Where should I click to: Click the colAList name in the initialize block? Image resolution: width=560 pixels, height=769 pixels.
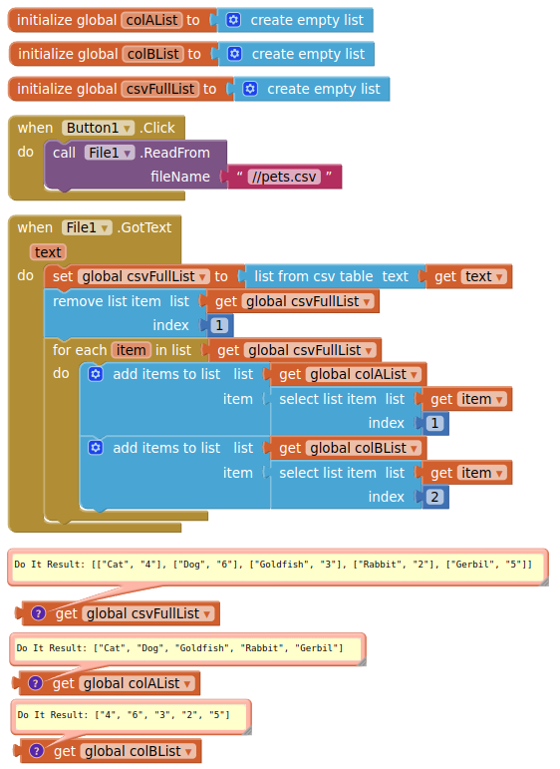(x=152, y=20)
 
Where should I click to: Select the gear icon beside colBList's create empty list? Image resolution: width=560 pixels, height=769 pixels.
(x=235, y=54)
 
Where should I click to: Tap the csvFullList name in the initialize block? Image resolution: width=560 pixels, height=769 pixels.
(x=160, y=89)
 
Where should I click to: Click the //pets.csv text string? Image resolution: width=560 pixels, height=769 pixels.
(x=284, y=177)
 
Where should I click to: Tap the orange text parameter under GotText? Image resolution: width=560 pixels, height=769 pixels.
(x=48, y=252)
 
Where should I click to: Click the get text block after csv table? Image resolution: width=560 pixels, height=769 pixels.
(x=468, y=276)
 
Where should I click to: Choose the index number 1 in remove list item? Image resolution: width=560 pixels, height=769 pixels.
(x=219, y=325)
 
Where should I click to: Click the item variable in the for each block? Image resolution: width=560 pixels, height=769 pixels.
(x=131, y=350)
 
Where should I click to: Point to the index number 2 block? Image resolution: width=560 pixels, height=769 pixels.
(x=434, y=497)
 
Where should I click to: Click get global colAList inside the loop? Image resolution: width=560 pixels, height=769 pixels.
(x=349, y=374)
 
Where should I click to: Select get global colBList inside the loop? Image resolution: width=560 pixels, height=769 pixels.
(x=349, y=448)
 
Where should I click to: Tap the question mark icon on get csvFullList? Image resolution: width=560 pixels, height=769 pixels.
(x=38, y=613)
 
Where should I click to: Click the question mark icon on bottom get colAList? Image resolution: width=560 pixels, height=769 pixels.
(x=35, y=682)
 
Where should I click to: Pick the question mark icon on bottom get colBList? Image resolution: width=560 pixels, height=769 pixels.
(x=36, y=750)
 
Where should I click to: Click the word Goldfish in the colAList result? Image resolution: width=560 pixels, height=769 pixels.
(x=202, y=648)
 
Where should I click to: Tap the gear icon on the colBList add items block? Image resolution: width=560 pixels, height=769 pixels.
(x=96, y=448)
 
